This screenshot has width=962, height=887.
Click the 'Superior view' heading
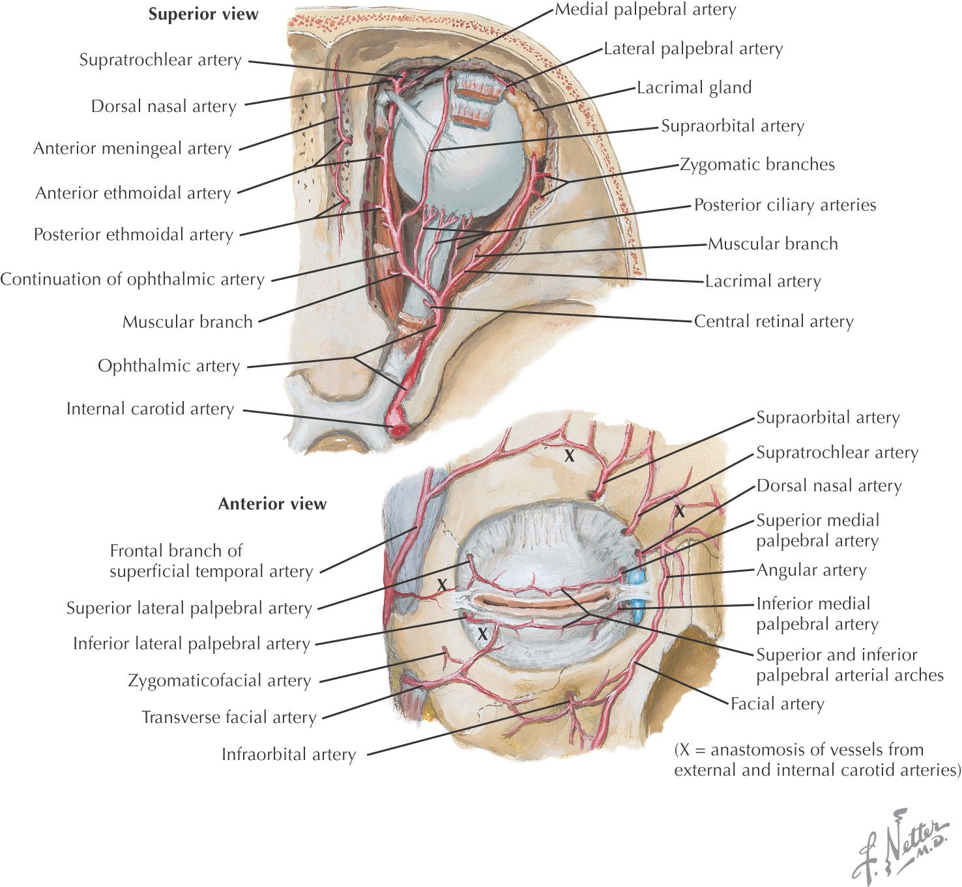pos(203,14)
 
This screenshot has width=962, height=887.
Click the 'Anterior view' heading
pos(272,503)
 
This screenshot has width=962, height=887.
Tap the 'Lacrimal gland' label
pos(693,87)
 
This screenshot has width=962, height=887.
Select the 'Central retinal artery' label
pos(773,321)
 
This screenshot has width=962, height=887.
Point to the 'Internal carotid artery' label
pos(150,409)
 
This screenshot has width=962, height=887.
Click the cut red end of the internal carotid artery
pos(398,429)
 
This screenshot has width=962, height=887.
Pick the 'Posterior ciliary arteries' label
pos(785,204)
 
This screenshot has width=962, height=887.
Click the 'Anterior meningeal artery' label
pos(132,148)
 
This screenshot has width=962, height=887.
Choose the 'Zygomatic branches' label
pos(757,164)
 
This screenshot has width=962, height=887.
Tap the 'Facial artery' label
pos(777,703)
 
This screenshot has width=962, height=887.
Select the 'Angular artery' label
pos(811,570)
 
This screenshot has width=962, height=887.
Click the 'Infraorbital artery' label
pos(289,754)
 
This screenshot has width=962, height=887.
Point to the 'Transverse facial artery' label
pos(229,717)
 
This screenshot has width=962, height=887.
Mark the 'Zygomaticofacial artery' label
pos(220,681)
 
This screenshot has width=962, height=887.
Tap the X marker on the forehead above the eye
pos(569,456)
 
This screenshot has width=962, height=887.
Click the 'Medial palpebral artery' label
pos(645,10)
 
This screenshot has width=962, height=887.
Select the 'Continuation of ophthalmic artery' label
pos(132,279)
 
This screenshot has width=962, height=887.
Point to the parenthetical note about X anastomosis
pos(817,759)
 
